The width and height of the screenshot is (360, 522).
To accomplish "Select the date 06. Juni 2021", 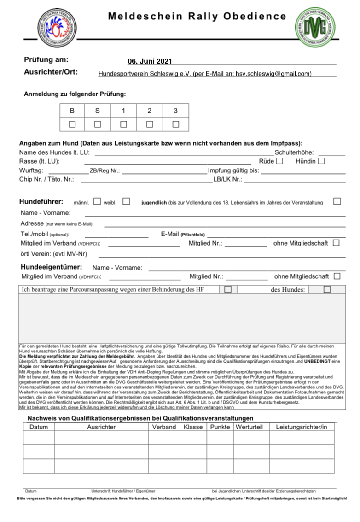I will (150, 61).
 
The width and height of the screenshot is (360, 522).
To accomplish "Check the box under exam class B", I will (72, 124).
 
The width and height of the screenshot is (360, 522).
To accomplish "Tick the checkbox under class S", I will (98, 124).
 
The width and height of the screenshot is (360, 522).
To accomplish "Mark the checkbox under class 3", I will (175, 124).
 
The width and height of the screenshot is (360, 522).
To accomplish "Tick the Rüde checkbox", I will (279, 161).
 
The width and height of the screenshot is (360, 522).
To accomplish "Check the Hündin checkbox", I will (321, 161).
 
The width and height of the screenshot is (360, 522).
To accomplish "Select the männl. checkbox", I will (97, 201).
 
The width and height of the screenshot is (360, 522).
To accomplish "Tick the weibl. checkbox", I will (126, 201).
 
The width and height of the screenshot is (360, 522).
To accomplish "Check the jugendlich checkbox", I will (337, 201).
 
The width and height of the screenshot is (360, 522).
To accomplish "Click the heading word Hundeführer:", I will (41, 201).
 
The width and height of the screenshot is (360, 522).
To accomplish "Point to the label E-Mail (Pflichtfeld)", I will (183, 234).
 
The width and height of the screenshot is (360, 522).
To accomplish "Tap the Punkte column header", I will (220, 427).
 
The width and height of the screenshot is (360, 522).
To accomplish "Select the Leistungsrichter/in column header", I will (301, 427).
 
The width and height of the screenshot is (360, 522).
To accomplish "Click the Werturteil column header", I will (249, 427).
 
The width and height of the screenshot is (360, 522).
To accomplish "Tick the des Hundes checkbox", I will (327, 289).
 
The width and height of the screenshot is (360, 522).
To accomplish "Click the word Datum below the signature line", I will (31, 491).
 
